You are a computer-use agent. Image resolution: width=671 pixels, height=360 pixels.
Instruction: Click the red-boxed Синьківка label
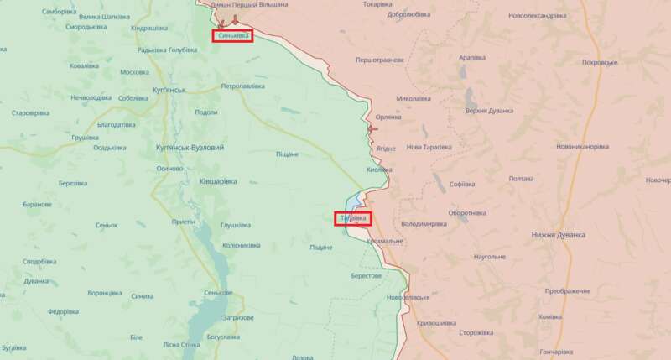click(232, 36)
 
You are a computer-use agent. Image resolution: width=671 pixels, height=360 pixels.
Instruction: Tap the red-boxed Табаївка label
click(352, 218)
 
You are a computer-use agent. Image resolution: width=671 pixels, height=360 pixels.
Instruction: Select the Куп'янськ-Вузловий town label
click(190, 148)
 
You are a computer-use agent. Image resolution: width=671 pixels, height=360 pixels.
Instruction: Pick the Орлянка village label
click(388, 117)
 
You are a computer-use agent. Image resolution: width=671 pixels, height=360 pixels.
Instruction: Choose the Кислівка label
click(379, 169)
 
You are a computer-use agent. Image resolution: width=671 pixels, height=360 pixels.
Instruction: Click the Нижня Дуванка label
click(558, 235)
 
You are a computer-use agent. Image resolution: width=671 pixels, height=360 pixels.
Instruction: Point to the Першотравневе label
click(380, 60)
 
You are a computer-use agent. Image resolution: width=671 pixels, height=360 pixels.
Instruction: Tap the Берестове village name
click(367, 276)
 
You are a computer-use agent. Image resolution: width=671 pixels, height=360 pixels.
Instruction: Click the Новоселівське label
click(408, 298)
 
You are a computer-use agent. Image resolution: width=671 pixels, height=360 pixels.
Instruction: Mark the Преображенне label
click(567, 290)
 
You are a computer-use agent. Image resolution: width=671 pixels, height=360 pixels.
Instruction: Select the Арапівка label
click(472, 57)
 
